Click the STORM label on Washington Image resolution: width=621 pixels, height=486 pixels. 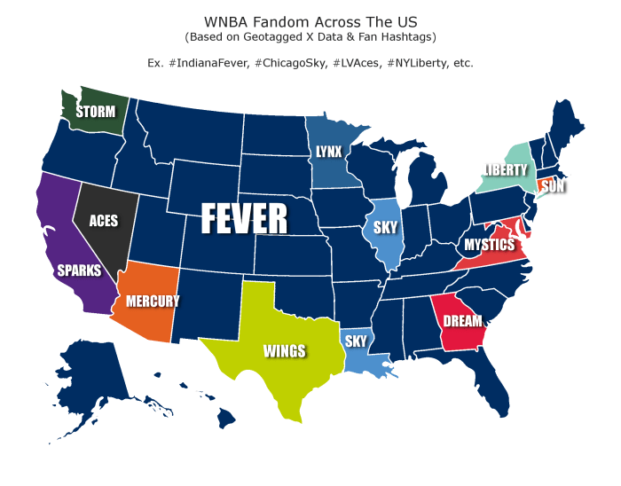[x=94, y=112]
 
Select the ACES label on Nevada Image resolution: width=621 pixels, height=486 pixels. [x=104, y=221]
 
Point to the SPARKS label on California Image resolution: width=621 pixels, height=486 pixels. [x=79, y=270]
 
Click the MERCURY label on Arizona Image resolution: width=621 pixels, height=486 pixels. [x=153, y=302]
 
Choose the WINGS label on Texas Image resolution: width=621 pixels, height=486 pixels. [x=284, y=351]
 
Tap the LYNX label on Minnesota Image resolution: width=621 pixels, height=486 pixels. [x=328, y=152]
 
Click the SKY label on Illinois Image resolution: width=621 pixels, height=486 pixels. [x=385, y=227]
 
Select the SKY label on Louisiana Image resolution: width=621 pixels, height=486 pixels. [x=356, y=341]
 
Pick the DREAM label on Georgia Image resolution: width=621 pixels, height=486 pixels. [x=463, y=321]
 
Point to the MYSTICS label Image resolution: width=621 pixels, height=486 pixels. [x=489, y=244]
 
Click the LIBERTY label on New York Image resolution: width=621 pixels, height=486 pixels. [x=506, y=169]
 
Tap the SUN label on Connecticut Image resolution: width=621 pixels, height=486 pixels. [x=553, y=187]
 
